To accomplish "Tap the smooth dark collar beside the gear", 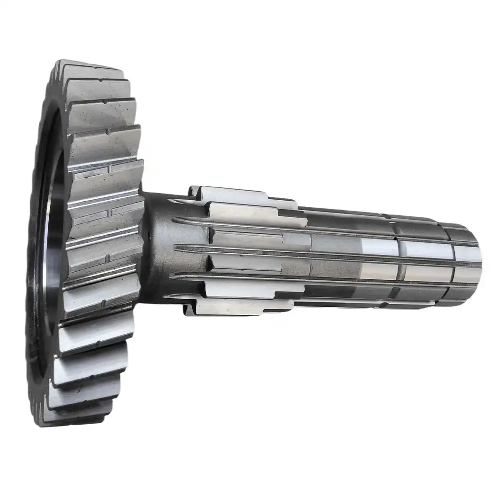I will (x=159, y=246).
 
